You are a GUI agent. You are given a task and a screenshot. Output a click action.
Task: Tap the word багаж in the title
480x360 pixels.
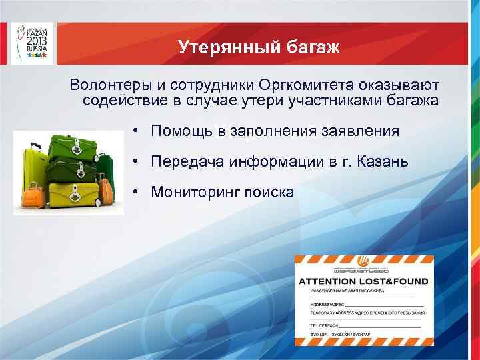pos(313,47)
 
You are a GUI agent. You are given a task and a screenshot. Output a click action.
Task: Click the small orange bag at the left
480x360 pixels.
pos(31,195)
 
